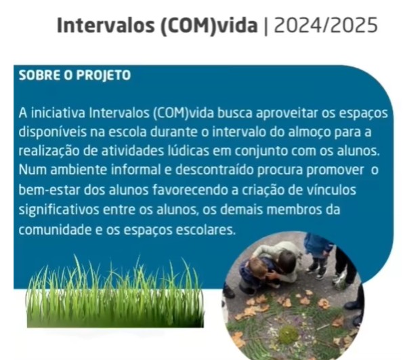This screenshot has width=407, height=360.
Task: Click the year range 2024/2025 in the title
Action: pos(326,25)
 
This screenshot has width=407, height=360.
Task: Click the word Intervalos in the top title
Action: pos(106,25)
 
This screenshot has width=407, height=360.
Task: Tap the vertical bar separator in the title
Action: pos(265,26)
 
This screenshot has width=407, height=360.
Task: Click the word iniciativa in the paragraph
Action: pos(58,113)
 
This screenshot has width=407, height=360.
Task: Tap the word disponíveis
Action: pos(52,132)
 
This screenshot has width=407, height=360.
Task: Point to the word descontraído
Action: pos(215,170)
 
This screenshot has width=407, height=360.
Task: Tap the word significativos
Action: pos(59,209)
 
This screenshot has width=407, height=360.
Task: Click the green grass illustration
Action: pos(115,292)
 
